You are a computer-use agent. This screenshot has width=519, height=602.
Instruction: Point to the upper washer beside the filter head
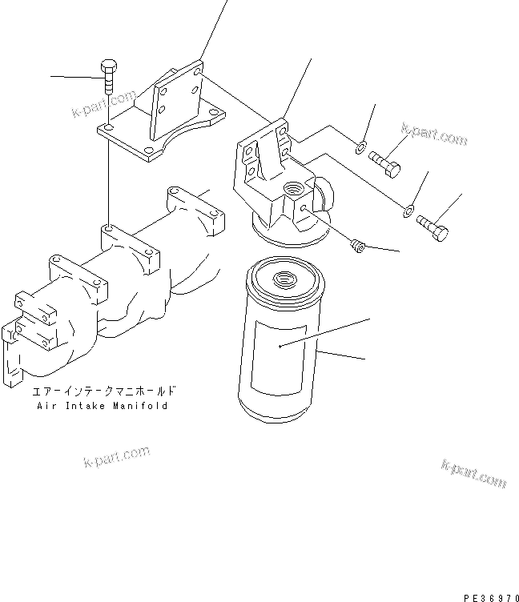click(x=361, y=146)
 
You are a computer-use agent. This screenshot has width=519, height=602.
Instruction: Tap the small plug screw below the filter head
click(x=359, y=249)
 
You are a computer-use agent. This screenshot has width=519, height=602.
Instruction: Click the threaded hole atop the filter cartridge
click(x=284, y=280)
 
